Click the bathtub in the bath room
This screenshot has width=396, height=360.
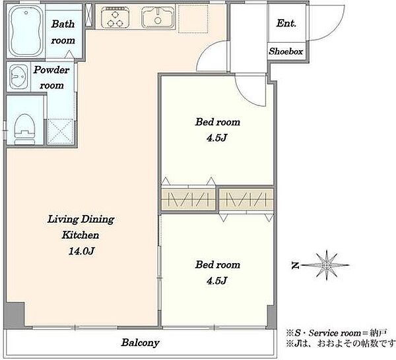26,31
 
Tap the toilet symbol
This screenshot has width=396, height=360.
24,129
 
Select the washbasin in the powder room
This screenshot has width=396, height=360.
18,76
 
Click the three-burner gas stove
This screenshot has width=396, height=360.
115,17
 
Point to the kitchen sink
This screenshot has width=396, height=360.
158,17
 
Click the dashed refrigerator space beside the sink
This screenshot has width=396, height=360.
193,18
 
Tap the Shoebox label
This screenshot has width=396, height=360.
286,51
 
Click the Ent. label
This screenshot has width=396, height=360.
286,23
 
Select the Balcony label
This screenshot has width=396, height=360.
140,343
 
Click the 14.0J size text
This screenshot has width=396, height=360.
82,251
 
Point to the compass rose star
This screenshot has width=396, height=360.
327,265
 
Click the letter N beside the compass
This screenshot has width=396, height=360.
294,266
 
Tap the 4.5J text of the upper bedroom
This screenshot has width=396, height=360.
217,138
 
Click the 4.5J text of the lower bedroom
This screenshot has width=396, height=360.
217,280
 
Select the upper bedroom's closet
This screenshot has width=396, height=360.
188,200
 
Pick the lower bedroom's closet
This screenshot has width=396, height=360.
246,200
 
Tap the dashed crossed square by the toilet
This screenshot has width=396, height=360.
60,131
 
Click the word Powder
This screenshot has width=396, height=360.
51,70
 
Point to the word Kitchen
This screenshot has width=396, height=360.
81,235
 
